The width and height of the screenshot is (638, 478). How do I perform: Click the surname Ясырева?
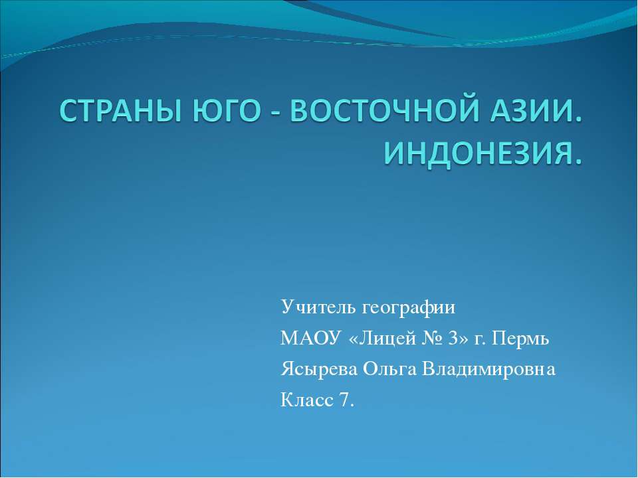click(319, 370)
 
